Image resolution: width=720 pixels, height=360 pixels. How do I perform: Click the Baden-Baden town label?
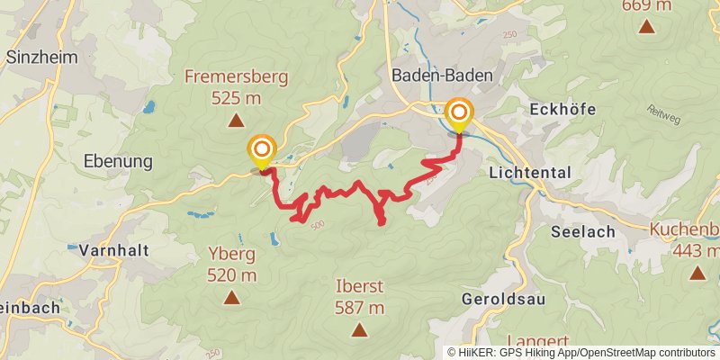click(x=442, y=76)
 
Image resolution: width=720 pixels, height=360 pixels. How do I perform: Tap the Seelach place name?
click(x=582, y=231)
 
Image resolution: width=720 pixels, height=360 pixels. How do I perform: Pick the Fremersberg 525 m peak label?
click(x=236, y=86)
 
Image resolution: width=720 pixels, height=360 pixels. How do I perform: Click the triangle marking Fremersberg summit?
click(x=236, y=120)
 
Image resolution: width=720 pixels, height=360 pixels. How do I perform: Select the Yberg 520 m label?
click(x=231, y=265)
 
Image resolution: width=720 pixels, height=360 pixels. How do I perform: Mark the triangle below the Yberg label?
click(x=231, y=297)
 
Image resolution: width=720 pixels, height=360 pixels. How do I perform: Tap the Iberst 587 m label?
click(x=359, y=297)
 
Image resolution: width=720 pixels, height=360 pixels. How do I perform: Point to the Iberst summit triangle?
click(x=359, y=330)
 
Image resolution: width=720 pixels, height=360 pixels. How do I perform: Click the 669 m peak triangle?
click(x=646, y=26)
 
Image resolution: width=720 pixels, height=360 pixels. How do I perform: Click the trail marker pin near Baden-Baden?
click(x=459, y=113)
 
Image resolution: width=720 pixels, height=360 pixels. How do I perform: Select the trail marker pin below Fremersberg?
click(x=262, y=150)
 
